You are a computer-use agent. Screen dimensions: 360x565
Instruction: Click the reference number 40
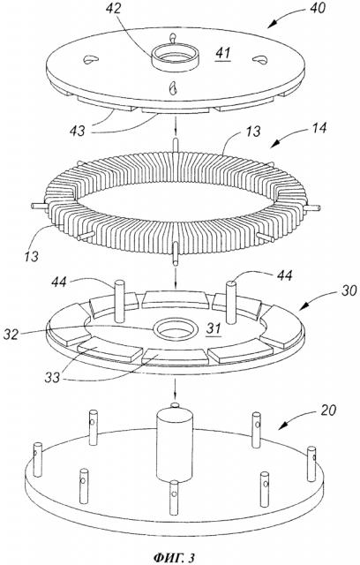click(x=317, y=8)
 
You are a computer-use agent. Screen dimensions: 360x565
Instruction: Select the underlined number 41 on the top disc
click(x=223, y=54)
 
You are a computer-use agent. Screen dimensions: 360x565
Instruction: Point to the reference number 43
click(x=77, y=132)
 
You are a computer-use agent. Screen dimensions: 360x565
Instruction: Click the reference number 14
click(x=319, y=128)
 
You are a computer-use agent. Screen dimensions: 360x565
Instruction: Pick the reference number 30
click(x=349, y=290)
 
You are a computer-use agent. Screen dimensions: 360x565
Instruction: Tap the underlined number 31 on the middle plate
click(x=214, y=328)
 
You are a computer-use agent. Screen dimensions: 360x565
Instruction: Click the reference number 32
click(x=11, y=334)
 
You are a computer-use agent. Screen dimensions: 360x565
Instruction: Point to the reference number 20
click(x=328, y=410)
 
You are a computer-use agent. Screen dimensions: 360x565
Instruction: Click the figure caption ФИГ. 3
click(x=174, y=557)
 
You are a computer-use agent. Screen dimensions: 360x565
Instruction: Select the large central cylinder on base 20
click(x=174, y=446)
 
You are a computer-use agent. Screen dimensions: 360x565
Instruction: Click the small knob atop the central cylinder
click(x=174, y=406)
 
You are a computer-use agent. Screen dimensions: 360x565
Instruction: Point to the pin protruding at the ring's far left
click(x=38, y=206)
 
